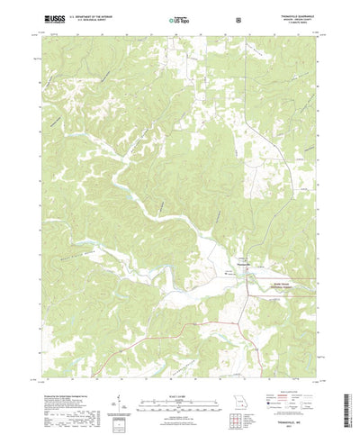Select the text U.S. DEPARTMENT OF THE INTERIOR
click(x=82, y=15)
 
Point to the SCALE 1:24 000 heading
click(x=179, y=367)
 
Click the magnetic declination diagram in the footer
click(x=117, y=379)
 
